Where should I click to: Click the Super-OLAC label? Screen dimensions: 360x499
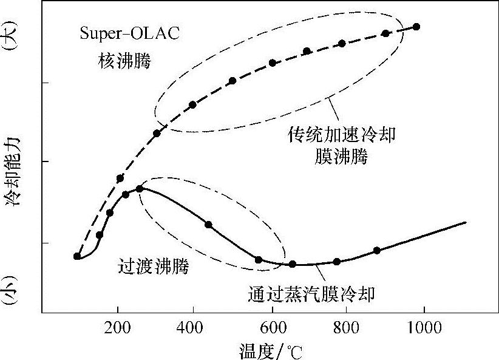click(129, 33)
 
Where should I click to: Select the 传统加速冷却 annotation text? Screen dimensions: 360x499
click(341, 135)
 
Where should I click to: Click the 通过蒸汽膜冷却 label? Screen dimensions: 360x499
click(311, 294)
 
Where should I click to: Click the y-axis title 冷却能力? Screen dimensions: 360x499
click(13, 172)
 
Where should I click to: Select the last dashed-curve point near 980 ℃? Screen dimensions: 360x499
click(416, 27)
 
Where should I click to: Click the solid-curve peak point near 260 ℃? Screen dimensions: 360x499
click(140, 189)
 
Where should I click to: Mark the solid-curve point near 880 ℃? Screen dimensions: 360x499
click(377, 250)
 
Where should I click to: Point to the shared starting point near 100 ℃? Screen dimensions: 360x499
click(77, 256)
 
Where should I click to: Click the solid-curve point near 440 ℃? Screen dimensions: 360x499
click(209, 225)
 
